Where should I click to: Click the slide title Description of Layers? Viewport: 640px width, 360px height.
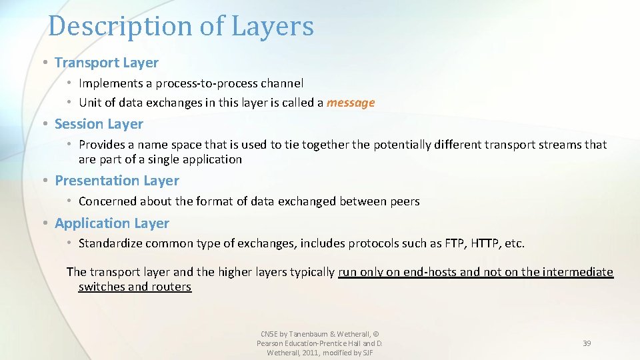click(181, 27)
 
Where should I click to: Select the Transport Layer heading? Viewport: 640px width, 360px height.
click(107, 63)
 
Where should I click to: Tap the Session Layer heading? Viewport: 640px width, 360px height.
click(99, 124)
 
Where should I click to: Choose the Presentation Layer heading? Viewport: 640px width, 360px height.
click(117, 181)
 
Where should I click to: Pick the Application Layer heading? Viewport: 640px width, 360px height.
click(112, 223)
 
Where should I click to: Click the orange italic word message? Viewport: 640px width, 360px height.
click(351, 103)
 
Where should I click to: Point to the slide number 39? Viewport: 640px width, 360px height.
click(587, 343)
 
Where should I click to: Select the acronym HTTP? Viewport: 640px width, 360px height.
click(485, 243)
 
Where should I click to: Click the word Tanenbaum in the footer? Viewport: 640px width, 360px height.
click(313, 334)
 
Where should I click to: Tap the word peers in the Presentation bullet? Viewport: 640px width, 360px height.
click(404, 201)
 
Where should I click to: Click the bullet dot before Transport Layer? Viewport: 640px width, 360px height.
click(44, 63)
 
